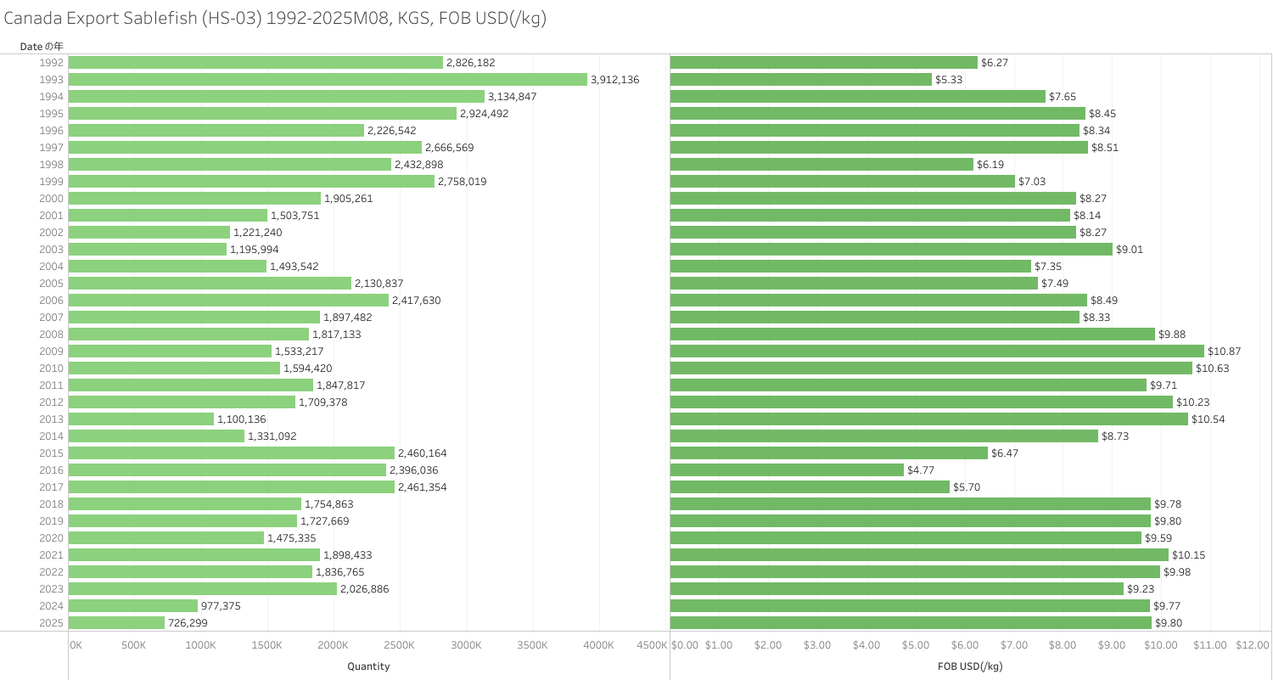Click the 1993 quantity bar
point(328,79)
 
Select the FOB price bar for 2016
point(787,469)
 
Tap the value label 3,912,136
point(614,80)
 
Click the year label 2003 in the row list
point(51,250)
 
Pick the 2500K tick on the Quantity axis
point(399,646)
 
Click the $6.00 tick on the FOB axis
point(964,646)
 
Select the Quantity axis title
point(368,667)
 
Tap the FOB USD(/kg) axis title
point(970,667)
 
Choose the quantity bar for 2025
point(116,622)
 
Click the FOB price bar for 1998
point(822,164)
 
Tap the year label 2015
point(51,453)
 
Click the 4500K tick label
point(651,646)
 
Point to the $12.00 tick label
point(1252,646)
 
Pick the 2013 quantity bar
point(141,419)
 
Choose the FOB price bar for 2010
point(931,368)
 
